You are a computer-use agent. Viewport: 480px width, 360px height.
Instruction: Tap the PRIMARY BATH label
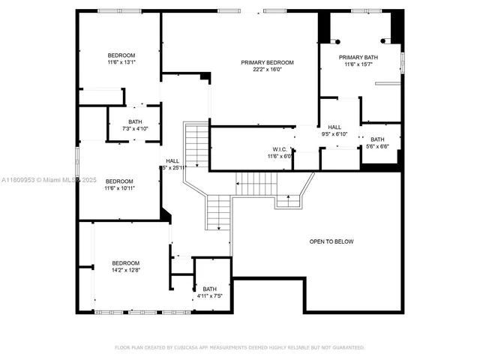click(x=358, y=57)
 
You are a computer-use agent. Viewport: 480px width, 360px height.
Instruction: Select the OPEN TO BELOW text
click(x=331, y=241)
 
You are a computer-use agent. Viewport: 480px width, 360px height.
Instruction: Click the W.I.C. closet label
click(x=281, y=148)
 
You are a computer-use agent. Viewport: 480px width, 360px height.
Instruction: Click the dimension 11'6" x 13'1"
click(x=121, y=63)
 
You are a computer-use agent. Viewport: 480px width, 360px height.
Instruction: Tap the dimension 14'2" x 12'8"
click(x=126, y=270)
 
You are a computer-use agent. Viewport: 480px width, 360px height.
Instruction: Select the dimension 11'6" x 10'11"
click(x=119, y=188)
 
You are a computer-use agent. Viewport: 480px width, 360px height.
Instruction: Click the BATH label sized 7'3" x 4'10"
click(x=135, y=121)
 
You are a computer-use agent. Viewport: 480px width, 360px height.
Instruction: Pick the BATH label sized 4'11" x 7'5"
click(x=209, y=289)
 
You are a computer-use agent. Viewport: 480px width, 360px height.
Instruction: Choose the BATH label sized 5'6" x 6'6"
click(x=377, y=139)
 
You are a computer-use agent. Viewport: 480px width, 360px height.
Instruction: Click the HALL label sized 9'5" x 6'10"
click(x=334, y=127)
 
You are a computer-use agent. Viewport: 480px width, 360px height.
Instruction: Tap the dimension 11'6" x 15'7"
click(x=358, y=64)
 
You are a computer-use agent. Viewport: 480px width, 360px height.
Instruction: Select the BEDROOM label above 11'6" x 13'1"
click(x=121, y=55)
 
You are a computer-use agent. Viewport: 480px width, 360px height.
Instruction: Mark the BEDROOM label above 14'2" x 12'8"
click(x=126, y=262)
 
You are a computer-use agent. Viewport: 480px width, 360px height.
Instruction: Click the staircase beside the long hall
click(x=196, y=146)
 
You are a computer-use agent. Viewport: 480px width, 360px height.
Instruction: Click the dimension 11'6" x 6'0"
click(x=281, y=156)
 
